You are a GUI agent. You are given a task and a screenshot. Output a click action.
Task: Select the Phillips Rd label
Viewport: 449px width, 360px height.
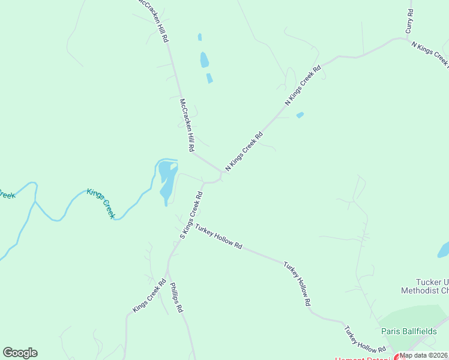pos(176,298)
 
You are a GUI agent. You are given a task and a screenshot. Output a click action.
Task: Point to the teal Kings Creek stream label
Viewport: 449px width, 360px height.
pos(100,203)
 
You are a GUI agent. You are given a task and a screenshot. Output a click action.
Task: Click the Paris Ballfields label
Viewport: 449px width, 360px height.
pos(408,331)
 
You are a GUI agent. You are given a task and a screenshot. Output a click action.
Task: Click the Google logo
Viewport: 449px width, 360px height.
pos(20,353)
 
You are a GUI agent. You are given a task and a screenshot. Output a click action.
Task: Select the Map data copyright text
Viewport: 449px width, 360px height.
pos(424,355)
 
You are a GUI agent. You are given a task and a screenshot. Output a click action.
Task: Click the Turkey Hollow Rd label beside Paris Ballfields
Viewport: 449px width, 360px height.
pos(364,339)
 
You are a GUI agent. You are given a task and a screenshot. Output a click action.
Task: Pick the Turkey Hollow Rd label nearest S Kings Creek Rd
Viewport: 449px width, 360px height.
pos(218,238)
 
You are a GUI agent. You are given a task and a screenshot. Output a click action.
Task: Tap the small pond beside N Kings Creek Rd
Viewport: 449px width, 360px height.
pos(300,115)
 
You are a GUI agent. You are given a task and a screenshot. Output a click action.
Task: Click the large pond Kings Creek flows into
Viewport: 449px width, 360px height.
pos(167,180)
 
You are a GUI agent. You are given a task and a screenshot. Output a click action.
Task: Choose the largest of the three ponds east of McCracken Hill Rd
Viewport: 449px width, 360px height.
pos(204,60)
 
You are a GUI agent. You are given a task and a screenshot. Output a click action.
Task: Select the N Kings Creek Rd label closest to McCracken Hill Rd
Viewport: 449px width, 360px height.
pos(244,152)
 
